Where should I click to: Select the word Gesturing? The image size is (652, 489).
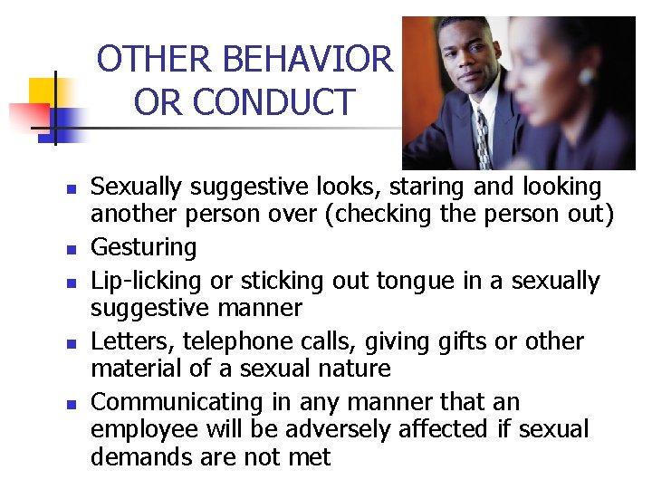(144, 247)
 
